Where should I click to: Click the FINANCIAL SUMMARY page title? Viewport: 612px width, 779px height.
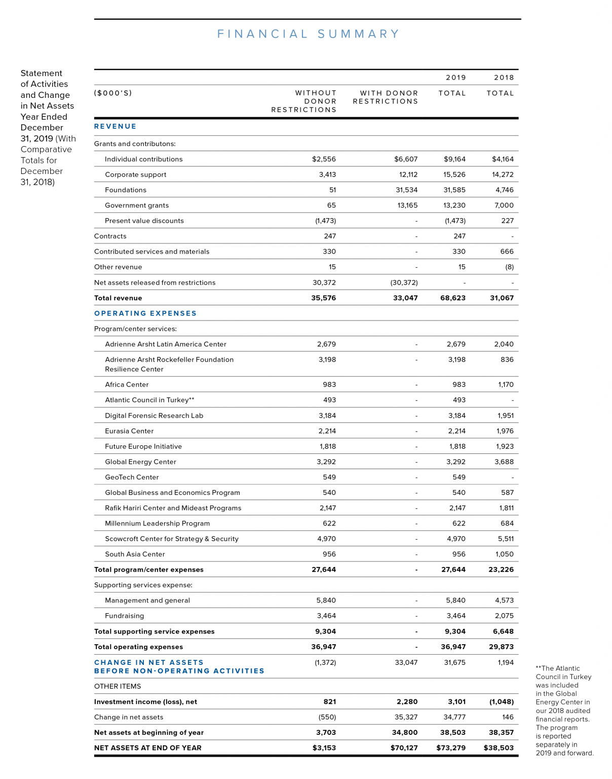[x=308, y=34]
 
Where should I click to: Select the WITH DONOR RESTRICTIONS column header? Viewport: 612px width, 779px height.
[x=386, y=97]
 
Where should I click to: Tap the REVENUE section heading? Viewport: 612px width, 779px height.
[x=115, y=126]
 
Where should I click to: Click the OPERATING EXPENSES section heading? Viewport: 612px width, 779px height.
[x=145, y=313]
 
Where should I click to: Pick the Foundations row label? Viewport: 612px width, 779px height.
[x=126, y=190]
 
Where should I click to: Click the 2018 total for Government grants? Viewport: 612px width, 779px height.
[x=504, y=205]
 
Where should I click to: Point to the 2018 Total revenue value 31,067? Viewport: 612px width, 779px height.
[x=502, y=298]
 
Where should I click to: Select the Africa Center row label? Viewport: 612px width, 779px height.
[x=127, y=384]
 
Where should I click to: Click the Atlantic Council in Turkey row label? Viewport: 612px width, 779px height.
[x=149, y=400]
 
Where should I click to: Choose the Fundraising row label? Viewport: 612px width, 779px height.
[x=124, y=616]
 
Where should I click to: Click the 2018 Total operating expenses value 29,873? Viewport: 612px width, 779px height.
[x=501, y=647]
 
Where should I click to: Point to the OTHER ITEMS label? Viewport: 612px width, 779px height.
[x=118, y=686]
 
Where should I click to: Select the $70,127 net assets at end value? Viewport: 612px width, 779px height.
[x=404, y=748]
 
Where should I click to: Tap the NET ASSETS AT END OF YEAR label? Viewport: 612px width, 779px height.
[x=148, y=748]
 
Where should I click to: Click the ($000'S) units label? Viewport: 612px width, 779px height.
[x=113, y=93]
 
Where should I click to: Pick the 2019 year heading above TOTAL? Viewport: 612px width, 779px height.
[x=455, y=78]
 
